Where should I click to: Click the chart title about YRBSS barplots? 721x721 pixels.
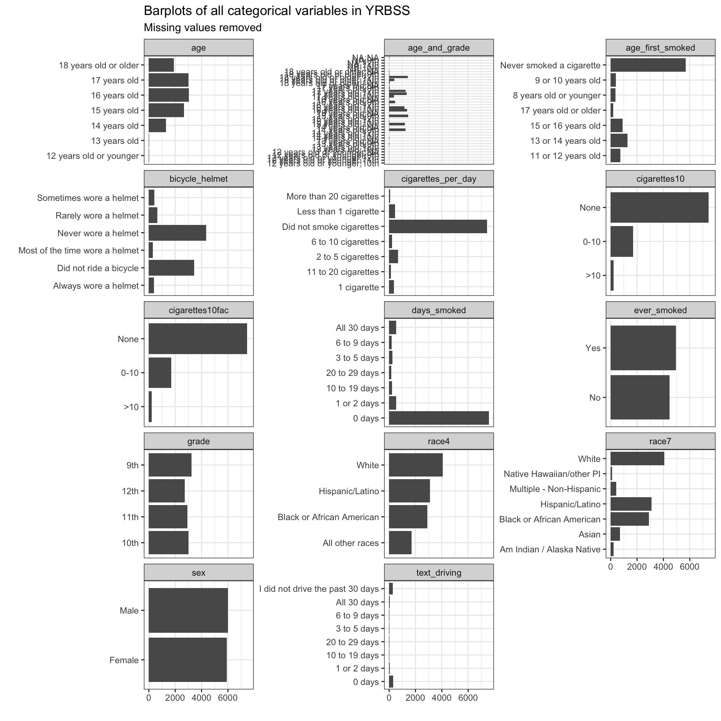point(276,11)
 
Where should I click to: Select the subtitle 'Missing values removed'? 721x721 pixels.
point(202,28)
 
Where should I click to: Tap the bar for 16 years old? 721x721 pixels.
point(169,95)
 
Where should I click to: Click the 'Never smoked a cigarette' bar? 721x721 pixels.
point(648,65)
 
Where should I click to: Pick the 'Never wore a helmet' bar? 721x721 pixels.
point(177,233)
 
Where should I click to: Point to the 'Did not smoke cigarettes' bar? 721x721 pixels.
point(438,226)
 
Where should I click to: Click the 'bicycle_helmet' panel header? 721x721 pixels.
point(198,179)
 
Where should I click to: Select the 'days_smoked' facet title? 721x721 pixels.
point(439,310)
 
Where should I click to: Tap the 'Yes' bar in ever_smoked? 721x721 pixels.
point(643,348)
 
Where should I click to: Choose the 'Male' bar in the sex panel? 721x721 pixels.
point(188,610)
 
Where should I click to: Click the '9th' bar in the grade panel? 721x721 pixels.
point(170,465)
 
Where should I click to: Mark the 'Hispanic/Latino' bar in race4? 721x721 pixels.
point(409,491)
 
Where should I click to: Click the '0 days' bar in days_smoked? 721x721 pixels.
point(439,418)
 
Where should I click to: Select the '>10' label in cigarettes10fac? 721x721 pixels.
point(131,407)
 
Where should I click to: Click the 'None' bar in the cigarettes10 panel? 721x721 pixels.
point(659,207)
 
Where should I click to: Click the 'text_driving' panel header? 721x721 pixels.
point(439,573)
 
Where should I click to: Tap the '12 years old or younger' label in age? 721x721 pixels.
point(92,155)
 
